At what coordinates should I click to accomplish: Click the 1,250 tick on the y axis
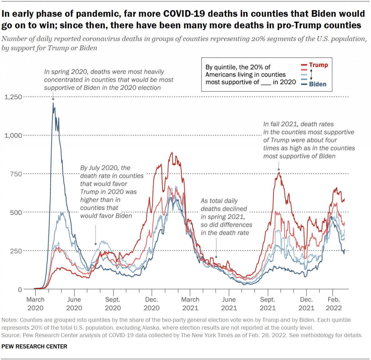tap(13, 97)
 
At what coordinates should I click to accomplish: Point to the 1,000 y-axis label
tap(13, 135)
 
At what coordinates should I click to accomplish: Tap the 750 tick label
tap(16, 174)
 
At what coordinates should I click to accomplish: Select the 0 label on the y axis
tap(20, 290)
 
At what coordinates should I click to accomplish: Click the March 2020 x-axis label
tap(35, 303)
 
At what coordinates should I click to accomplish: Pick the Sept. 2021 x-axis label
tap(268, 303)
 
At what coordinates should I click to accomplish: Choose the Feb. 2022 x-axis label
tap(334, 303)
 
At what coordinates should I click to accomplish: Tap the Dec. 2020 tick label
tap(151, 303)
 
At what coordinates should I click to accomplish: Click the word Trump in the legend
tap(319, 65)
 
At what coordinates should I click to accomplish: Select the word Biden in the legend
tap(318, 84)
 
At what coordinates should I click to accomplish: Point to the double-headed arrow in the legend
tap(311, 74)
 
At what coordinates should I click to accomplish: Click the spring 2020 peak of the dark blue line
tap(53, 103)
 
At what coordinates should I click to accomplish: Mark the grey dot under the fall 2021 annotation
tap(279, 170)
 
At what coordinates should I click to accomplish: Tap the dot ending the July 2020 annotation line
tap(96, 244)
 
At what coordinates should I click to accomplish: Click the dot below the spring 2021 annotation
tap(216, 257)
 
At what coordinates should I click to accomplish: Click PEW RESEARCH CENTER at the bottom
tap(34, 347)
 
